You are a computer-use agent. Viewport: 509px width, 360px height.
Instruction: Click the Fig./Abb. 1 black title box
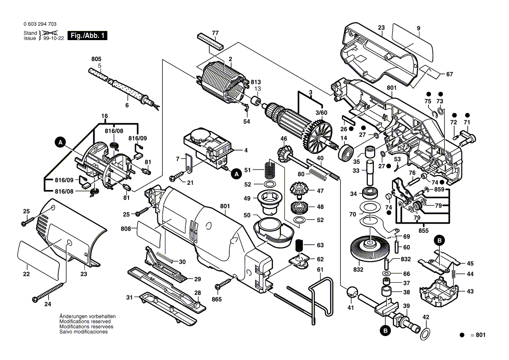coord(88,36)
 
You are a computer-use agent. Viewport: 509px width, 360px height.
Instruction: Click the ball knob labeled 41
coord(352,292)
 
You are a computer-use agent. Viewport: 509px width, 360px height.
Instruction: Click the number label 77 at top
coord(215,33)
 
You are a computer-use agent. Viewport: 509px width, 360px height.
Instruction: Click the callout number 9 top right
coord(418,28)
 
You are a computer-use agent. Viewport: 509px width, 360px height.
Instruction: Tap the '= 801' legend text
coord(477,335)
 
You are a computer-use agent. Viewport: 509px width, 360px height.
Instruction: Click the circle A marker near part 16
coord(61,141)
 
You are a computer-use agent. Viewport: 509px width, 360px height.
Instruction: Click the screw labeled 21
coord(176,178)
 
